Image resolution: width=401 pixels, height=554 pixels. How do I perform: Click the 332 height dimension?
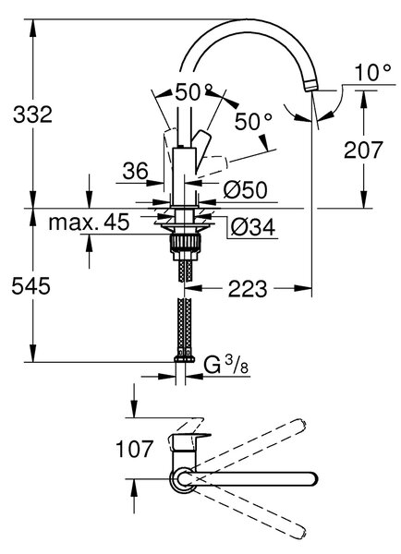tap(32, 114)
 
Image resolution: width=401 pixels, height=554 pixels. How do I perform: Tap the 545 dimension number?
tap(31, 286)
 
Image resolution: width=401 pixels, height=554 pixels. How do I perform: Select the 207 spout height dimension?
tap(363, 150)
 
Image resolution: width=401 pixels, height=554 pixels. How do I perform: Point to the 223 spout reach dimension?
tap(248, 289)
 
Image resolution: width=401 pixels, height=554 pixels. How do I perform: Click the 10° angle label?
tap(373, 73)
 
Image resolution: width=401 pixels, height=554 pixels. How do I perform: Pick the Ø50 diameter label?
tap(245, 190)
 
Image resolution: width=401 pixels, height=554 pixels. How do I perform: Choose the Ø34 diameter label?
tap(252, 227)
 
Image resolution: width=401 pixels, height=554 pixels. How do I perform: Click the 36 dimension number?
tap(136, 172)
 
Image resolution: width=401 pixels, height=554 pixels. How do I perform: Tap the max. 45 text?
tap(89, 223)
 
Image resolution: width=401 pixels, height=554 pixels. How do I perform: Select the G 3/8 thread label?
tap(226, 365)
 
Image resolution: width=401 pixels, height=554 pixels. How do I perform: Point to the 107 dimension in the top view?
tap(134, 449)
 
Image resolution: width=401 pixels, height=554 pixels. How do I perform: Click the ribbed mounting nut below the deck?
tap(186, 244)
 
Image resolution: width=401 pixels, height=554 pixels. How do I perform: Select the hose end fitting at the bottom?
tap(184, 359)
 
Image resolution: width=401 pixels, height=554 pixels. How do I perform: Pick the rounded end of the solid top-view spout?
tap(311, 479)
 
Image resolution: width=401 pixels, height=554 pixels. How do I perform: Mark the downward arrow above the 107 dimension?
tap(134, 401)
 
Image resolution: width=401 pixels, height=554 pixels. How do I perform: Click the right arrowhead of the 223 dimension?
tap(304, 288)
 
